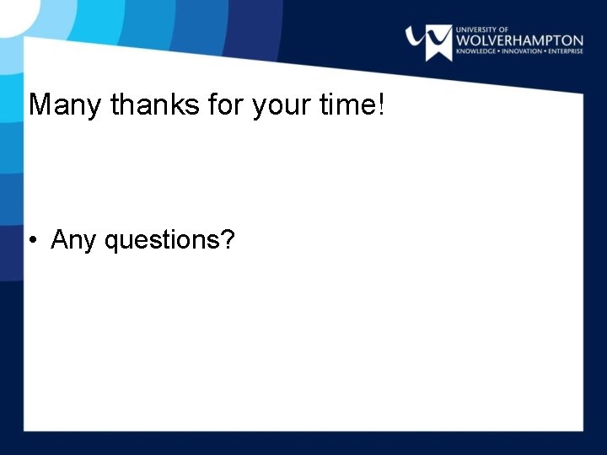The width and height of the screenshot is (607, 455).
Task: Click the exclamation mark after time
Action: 381,104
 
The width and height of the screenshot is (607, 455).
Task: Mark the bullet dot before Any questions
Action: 31,241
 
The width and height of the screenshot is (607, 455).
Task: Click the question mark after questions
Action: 228,240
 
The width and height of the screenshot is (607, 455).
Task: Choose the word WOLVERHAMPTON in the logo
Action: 519,40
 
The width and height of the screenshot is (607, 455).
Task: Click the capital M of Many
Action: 39,104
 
